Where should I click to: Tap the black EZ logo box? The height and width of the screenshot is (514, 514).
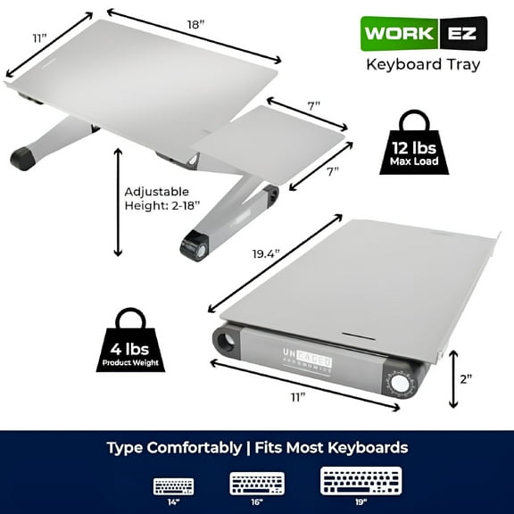463,37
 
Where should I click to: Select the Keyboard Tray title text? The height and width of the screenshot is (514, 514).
424,64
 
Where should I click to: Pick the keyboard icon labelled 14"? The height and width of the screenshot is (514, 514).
172,485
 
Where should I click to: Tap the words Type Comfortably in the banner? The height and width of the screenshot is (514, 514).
173,447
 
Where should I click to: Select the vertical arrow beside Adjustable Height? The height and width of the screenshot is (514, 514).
118,202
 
